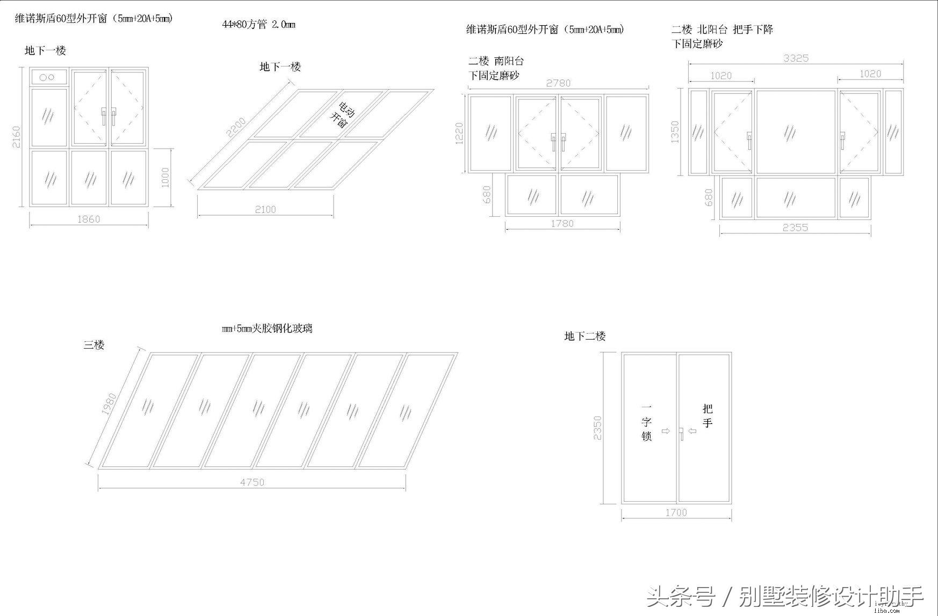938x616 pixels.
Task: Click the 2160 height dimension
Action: pos(17,137)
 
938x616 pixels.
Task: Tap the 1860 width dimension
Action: pos(89,219)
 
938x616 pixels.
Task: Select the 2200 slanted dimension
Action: pos(236,127)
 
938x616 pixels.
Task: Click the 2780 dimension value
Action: pos(558,83)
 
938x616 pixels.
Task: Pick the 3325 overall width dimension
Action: pos(796,58)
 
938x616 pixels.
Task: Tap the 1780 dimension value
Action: pos(562,223)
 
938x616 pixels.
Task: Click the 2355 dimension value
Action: pos(795,228)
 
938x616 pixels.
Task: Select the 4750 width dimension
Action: pos(252,482)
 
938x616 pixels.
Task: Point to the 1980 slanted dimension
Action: pos(109,404)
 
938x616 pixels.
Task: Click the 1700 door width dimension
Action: pos(676,512)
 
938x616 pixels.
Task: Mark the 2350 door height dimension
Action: pos(598,428)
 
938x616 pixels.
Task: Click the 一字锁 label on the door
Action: pos(646,422)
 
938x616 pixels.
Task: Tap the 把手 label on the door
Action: pos(707,416)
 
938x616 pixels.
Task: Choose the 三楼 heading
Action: pos(93,345)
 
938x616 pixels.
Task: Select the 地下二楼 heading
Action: pos(585,336)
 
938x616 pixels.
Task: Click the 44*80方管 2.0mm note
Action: pos(258,24)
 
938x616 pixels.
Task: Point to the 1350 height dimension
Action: pos(675,131)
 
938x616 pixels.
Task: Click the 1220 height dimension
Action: pos(459,133)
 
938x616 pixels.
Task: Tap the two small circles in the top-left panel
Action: pos(47,77)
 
